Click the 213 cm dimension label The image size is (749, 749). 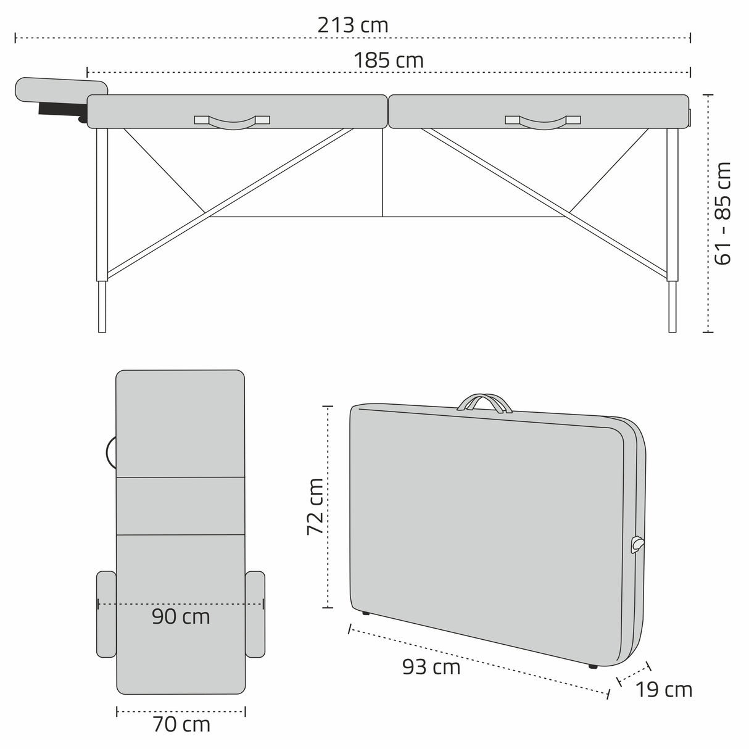353,26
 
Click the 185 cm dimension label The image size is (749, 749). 389,60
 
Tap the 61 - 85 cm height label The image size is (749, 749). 724,213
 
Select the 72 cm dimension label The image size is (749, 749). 315,507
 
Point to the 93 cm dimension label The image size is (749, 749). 431,667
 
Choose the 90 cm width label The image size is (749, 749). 181,617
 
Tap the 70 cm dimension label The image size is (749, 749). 181,724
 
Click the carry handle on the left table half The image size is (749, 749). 232,122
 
